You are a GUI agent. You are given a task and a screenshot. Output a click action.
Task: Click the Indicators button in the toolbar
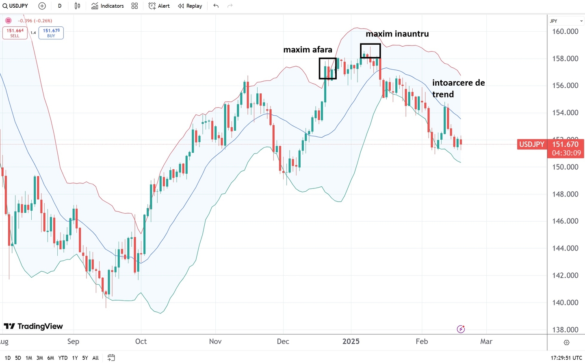(x=108, y=6)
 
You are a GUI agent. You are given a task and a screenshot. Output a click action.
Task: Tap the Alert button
(x=159, y=6)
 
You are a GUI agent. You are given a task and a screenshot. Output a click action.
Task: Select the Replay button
(x=190, y=6)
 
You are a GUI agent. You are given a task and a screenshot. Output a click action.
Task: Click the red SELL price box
(x=15, y=33)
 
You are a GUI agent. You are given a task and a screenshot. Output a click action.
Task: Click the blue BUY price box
(x=51, y=33)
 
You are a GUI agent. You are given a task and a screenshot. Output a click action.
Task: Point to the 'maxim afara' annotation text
(x=308, y=50)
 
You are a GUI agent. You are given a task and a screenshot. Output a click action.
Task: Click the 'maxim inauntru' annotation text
(x=397, y=34)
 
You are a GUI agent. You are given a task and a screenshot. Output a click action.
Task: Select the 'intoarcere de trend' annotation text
(x=458, y=89)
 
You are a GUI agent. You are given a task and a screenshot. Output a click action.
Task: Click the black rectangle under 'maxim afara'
(x=327, y=68)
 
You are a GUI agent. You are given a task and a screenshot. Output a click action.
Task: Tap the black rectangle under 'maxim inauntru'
(x=370, y=51)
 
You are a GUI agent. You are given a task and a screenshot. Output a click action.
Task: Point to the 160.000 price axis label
(x=565, y=32)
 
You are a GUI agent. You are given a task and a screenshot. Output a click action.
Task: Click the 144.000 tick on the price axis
(x=565, y=248)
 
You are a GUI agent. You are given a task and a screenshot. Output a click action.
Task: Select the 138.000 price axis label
(x=565, y=330)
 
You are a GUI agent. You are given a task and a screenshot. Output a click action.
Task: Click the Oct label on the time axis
(x=141, y=341)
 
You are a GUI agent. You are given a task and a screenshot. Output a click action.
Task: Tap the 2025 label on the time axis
(x=351, y=341)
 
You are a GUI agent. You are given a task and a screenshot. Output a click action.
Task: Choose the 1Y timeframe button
(x=75, y=358)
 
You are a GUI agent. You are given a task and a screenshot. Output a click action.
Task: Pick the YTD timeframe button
(x=63, y=358)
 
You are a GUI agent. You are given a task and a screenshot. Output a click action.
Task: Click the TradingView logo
(x=33, y=326)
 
